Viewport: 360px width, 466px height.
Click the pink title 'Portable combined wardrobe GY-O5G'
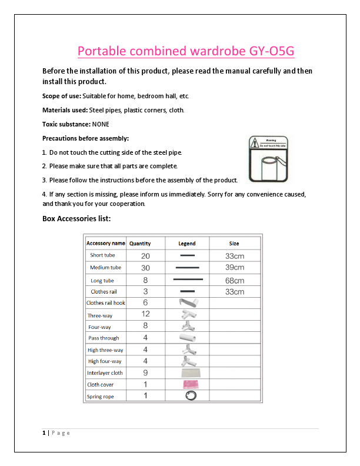coord(186,51)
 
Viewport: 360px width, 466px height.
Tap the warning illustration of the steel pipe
coord(268,159)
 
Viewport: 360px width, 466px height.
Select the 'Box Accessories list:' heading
coord(76,218)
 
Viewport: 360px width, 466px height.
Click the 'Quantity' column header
coord(140,243)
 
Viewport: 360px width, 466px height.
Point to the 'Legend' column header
coord(187,243)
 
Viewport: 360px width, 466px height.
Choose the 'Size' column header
coord(234,243)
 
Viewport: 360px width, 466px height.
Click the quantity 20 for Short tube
coord(145,256)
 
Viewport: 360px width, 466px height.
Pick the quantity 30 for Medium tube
coord(145,268)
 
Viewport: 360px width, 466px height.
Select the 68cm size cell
coord(235,281)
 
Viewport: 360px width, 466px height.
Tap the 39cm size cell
coord(235,268)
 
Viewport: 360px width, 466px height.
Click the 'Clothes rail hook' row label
coord(106,303)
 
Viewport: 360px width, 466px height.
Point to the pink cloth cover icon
coord(192,384)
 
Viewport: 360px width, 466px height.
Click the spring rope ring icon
coord(191,396)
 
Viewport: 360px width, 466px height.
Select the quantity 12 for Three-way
coord(145,314)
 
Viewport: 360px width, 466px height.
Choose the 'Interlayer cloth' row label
coord(105,373)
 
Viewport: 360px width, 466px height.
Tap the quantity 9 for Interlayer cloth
coord(145,372)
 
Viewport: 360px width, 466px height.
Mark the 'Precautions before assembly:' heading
coord(85,138)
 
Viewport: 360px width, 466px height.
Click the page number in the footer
coord(44,433)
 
